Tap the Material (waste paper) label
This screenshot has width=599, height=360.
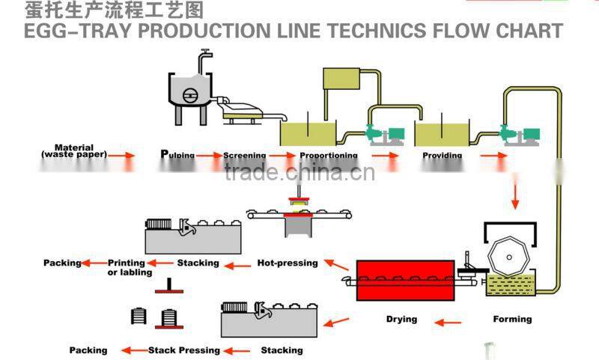pos(74,150)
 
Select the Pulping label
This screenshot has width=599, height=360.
pos(177,155)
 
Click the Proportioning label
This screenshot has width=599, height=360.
pos(328,156)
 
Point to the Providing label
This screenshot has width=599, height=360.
pos(442,156)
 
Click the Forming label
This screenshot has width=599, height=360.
pos(512,319)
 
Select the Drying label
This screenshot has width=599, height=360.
pos(401,319)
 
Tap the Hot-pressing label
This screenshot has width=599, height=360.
pos(288,263)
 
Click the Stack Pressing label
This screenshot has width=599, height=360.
pos(184,350)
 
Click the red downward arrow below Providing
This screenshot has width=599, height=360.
pos(514,195)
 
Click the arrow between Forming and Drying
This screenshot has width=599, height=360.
pos(449,323)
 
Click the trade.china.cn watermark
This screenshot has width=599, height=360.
pos(299,174)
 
